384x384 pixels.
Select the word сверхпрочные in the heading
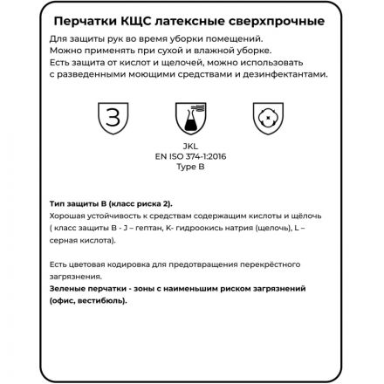tap(285, 20)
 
